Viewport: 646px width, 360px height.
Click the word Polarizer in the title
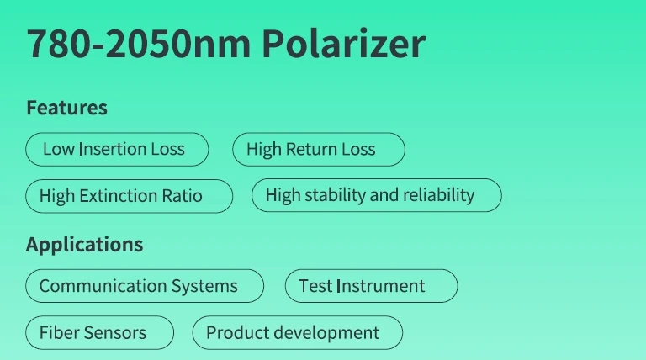click(343, 43)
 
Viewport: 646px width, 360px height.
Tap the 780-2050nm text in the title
click(139, 44)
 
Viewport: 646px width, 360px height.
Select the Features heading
click(66, 108)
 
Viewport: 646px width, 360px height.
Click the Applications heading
click(84, 245)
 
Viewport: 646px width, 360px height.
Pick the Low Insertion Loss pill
click(117, 149)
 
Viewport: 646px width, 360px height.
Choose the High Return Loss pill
click(319, 149)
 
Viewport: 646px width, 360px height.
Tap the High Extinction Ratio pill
click(129, 196)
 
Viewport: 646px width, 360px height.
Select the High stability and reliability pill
click(377, 195)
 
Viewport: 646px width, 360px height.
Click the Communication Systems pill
click(145, 286)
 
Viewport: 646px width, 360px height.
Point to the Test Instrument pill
click(371, 286)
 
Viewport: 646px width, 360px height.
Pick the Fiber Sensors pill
click(100, 332)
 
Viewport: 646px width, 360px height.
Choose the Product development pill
click(298, 332)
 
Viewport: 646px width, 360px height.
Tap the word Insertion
click(113, 149)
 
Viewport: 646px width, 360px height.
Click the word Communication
click(103, 286)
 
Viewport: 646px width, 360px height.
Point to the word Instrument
click(381, 286)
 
